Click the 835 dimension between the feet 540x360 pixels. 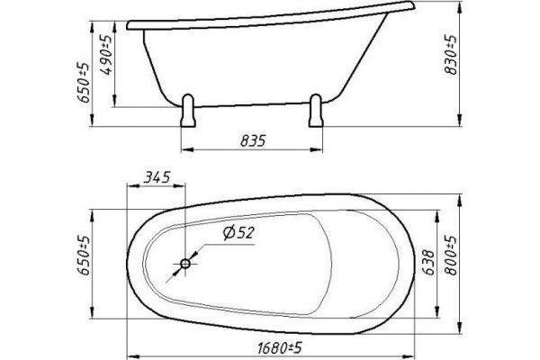point(253,140)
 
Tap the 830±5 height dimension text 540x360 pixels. point(451,54)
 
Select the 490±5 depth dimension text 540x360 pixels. point(107,55)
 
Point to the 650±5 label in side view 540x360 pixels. point(84,83)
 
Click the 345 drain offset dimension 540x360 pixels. point(157,177)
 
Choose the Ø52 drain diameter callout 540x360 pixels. point(238,232)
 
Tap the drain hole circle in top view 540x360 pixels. point(185,265)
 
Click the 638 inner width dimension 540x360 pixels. point(428,262)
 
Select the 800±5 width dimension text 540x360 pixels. point(451,256)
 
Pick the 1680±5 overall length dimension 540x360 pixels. point(280,348)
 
